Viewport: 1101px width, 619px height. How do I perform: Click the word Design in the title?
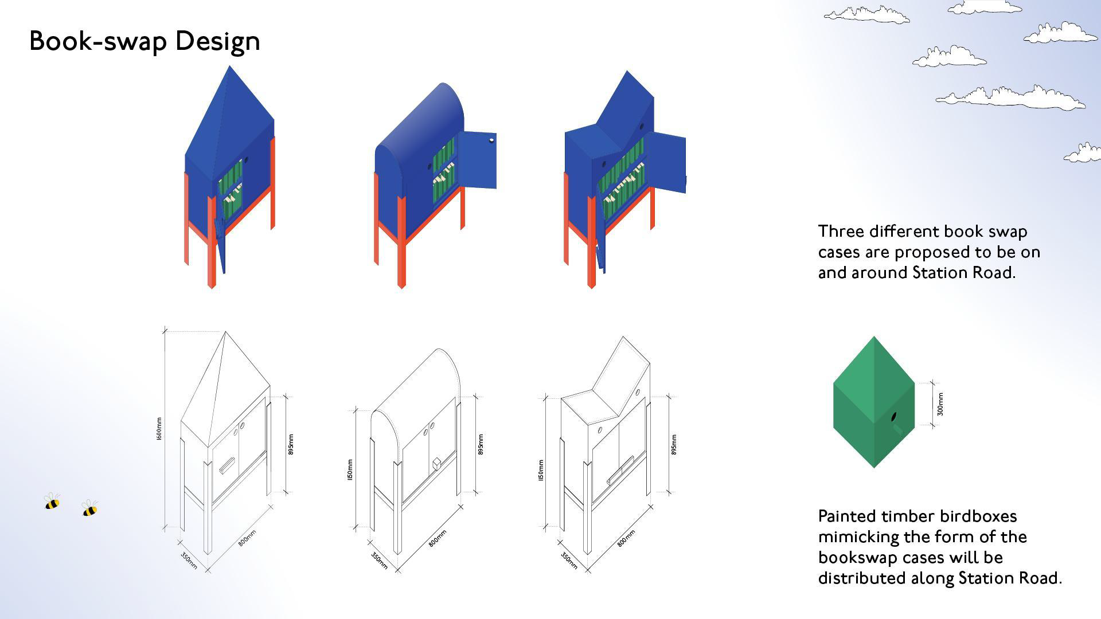(x=217, y=41)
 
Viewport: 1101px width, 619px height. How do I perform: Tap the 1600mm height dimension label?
(x=159, y=429)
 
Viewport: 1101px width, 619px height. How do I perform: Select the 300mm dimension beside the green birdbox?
(x=940, y=404)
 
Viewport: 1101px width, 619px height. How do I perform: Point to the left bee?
(x=52, y=502)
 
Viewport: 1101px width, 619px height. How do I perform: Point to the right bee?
(x=90, y=509)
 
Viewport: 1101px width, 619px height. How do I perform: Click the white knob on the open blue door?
(x=491, y=139)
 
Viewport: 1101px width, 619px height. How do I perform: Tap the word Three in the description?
(x=841, y=232)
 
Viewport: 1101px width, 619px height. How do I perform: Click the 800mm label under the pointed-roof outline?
(x=247, y=538)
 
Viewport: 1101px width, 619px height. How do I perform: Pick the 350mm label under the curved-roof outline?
(x=379, y=561)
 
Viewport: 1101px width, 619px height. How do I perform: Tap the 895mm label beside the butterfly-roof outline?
(x=673, y=445)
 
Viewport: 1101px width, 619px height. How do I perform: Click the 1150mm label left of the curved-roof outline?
(x=350, y=470)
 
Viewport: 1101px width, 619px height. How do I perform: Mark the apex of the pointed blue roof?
(x=229, y=66)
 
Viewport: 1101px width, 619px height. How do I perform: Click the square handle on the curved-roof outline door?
(x=437, y=463)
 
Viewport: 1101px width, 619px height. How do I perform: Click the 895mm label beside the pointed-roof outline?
(x=291, y=445)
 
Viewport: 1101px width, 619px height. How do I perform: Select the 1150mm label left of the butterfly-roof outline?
(x=540, y=470)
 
